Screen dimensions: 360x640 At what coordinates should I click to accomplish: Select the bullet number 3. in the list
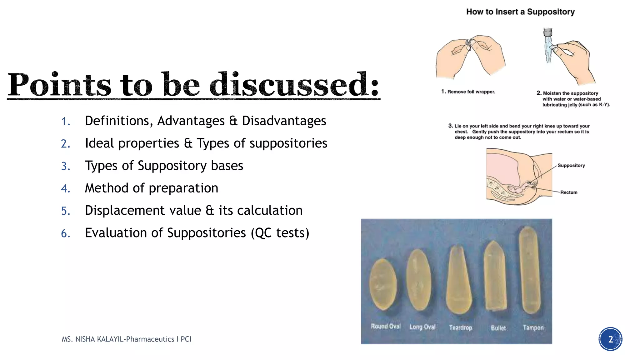66,166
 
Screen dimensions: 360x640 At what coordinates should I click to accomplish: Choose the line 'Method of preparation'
152,188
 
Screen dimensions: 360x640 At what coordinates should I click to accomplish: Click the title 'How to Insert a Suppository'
520,12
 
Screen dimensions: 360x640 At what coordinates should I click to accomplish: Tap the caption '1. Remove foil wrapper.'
468,92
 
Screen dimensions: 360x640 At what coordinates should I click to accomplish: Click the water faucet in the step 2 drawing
547,32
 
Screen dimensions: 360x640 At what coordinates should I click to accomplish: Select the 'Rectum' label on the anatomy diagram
569,192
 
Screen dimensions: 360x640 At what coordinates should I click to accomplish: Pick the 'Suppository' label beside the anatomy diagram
571,165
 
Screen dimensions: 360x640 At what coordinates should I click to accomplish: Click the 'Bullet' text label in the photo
498,328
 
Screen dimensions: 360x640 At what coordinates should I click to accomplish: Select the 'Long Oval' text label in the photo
422,327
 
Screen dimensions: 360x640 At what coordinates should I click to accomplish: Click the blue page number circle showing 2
610,339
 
